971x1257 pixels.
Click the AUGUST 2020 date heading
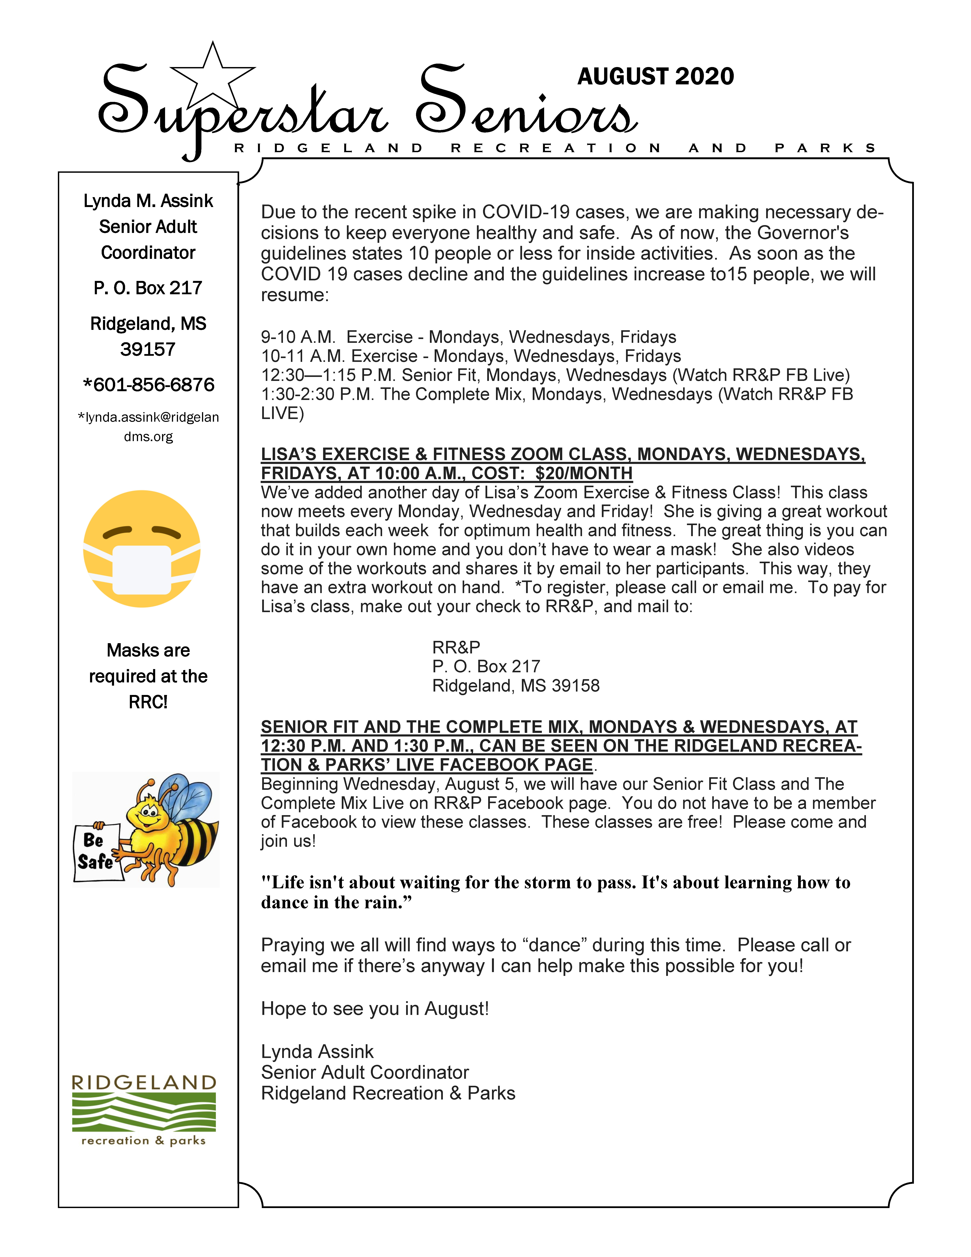(x=656, y=77)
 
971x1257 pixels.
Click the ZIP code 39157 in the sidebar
(x=148, y=349)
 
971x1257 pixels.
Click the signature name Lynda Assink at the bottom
(x=317, y=1051)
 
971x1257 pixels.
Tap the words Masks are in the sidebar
(x=148, y=650)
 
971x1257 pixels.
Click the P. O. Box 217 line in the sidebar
(x=148, y=288)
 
